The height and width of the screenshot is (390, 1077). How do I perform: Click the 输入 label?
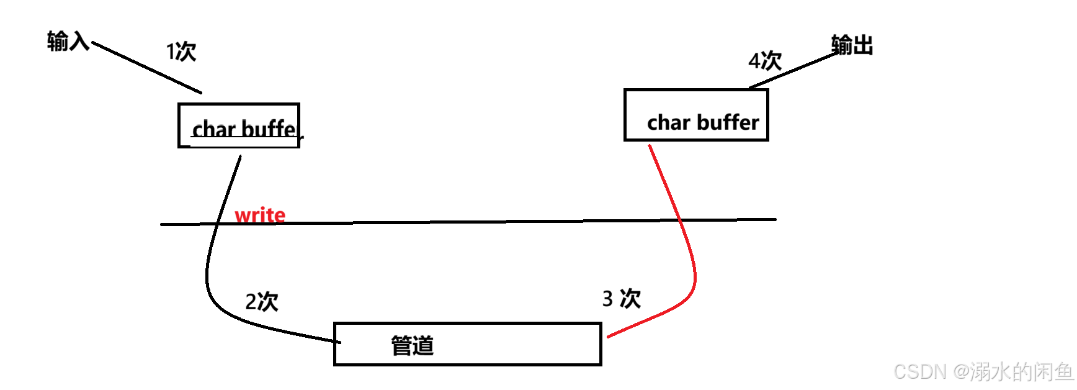[68, 42]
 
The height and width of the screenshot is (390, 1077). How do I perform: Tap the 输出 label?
[852, 45]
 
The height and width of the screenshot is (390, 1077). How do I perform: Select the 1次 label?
[181, 52]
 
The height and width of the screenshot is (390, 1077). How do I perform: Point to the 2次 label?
[261, 302]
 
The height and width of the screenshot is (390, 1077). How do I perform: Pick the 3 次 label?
[621, 299]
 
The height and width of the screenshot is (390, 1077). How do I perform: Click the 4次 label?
[764, 61]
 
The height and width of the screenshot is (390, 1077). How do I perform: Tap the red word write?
[260, 215]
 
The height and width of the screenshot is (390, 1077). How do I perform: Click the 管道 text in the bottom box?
[412, 345]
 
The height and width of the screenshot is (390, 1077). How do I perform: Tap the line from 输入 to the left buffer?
[146, 68]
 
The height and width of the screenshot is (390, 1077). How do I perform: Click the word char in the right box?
[668, 123]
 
